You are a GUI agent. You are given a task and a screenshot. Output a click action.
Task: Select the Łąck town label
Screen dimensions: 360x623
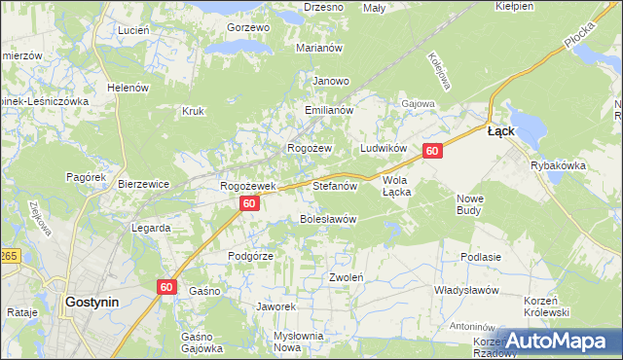pyautogui.click(x=500, y=130)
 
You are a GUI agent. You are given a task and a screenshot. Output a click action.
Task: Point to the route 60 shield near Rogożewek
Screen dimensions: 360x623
pyautogui.click(x=249, y=203)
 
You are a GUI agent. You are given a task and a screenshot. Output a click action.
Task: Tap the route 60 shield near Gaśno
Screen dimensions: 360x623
pyautogui.click(x=166, y=286)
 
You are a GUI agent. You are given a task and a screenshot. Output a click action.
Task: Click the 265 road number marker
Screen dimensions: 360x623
pyautogui.click(x=9, y=255)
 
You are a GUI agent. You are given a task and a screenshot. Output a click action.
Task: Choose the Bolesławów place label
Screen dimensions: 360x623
pyautogui.click(x=327, y=219)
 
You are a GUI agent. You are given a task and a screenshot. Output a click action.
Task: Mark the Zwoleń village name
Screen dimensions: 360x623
pyautogui.click(x=346, y=277)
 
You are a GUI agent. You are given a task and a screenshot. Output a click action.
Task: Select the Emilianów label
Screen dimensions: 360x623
pyautogui.click(x=327, y=111)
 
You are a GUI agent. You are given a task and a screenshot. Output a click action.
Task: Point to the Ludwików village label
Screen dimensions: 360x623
pyautogui.click(x=383, y=148)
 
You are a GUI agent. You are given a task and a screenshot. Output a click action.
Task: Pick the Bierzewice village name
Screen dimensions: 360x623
pyautogui.click(x=143, y=183)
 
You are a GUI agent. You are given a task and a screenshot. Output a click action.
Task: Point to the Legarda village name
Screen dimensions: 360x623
pyautogui.click(x=151, y=228)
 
